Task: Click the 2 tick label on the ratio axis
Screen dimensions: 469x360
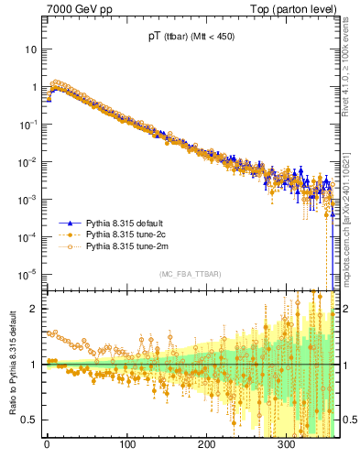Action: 36,309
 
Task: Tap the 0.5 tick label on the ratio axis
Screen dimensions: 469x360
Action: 32,420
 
